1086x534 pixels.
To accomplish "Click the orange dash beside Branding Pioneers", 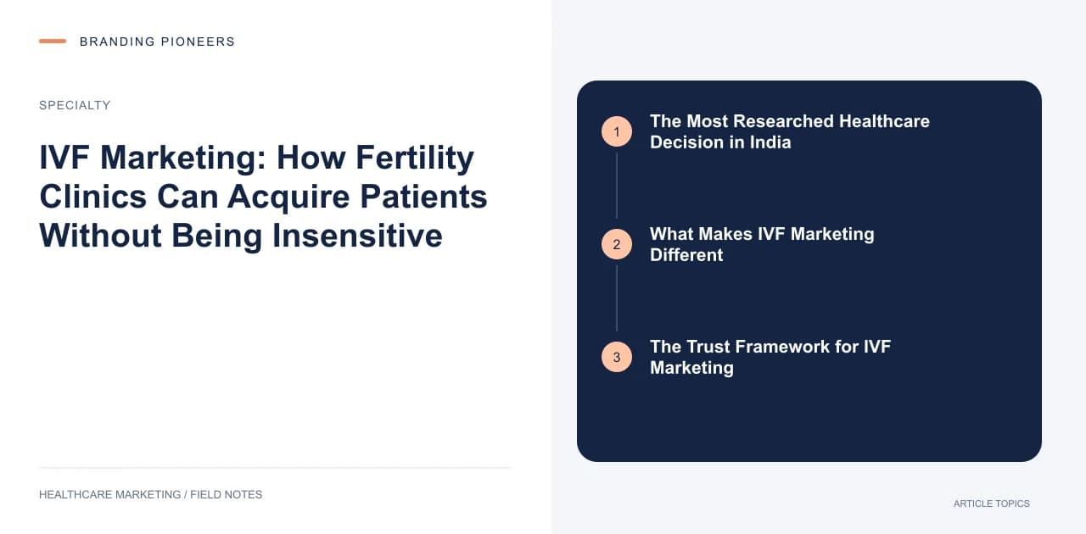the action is pyautogui.click(x=53, y=42).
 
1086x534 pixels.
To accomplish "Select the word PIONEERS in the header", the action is pyautogui.click(x=198, y=42).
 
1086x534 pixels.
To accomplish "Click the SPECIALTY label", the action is pyautogui.click(x=75, y=105).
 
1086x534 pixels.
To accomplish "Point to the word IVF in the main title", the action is pyautogui.click(x=64, y=158).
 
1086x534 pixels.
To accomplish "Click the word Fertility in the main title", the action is pyautogui.click(x=415, y=159).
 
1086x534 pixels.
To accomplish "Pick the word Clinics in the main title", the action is pyautogui.click(x=92, y=197).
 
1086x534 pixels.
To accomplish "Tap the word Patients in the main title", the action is pyautogui.click(x=423, y=197).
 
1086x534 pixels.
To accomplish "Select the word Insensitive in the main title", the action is pyautogui.click(x=357, y=236).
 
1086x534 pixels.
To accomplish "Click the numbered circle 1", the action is pyautogui.click(x=617, y=131).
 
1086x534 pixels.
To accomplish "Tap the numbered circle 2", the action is pyautogui.click(x=617, y=244).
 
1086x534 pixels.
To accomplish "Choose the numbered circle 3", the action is pyautogui.click(x=617, y=357).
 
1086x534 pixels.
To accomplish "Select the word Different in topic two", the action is pyautogui.click(x=686, y=255).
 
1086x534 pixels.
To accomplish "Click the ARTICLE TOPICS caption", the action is pyautogui.click(x=992, y=504).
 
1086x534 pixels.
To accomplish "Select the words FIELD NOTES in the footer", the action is pyautogui.click(x=226, y=495).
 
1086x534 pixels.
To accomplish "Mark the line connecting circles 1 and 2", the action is pyautogui.click(x=617, y=186).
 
